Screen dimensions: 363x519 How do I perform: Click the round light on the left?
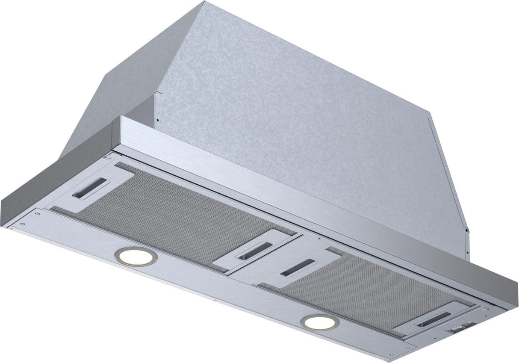click(x=136, y=257)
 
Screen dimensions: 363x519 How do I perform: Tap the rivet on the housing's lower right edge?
click(x=467, y=231)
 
